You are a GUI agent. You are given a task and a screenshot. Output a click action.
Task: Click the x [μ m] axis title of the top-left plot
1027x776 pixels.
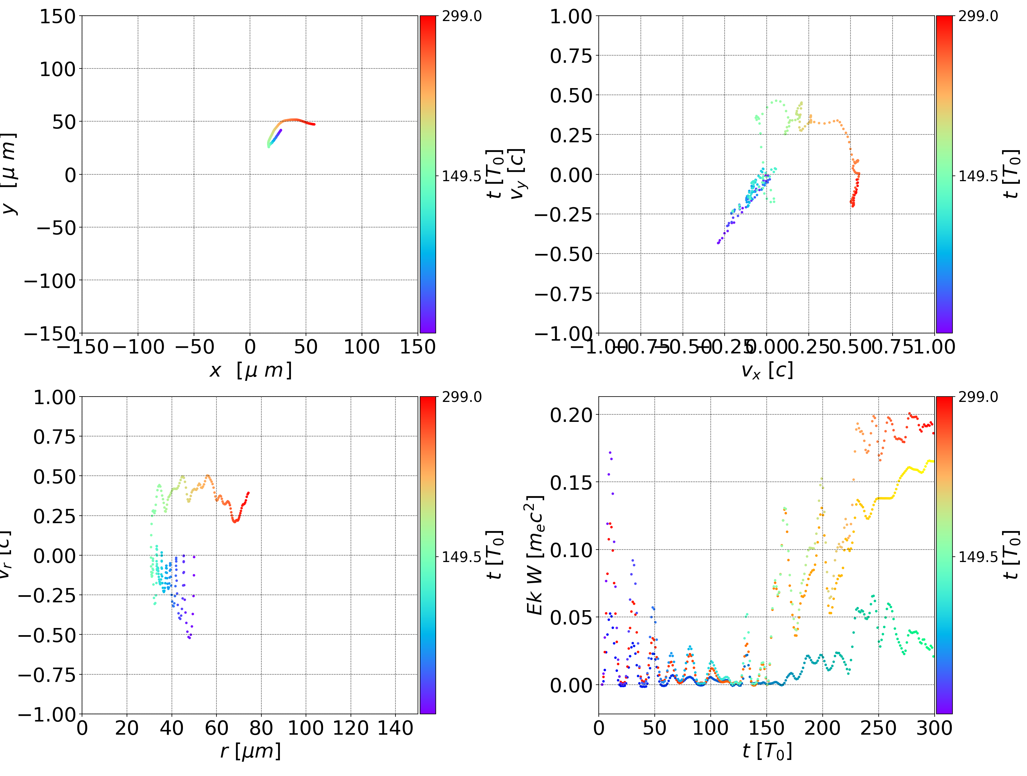(x=250, y=371)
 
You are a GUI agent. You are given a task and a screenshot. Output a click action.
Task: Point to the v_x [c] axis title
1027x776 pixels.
(x=767, y=371)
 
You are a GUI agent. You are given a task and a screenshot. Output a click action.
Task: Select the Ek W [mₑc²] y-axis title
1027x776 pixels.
(x=535, y=555)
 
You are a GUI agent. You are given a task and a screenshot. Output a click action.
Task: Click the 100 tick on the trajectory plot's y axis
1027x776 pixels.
(x=57, y=69)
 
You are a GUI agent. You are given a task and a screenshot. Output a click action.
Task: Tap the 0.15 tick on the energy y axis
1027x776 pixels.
(x=571, y=483)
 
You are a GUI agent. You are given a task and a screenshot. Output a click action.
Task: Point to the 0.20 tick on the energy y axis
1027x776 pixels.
(x=571, y=415)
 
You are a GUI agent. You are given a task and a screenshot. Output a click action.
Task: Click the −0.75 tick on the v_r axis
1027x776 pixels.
(x=46, y=675)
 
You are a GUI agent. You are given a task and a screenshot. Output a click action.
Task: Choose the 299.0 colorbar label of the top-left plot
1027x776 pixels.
(x=461, y=16)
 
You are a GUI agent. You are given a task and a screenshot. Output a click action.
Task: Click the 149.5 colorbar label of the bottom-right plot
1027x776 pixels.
(x=978, y=556)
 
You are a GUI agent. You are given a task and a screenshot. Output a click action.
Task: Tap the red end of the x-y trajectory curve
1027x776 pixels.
(x=314, y=124)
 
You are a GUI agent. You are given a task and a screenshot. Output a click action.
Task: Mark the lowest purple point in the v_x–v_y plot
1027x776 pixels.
(x=718, y=242)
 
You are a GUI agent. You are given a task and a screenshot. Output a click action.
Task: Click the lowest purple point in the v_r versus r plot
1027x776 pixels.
(x=189, y=638)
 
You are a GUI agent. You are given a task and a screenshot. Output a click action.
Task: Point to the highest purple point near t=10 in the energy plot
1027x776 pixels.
(x=610, y=452)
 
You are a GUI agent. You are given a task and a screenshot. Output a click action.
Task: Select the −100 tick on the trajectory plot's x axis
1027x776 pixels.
(x=138, y=347)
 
